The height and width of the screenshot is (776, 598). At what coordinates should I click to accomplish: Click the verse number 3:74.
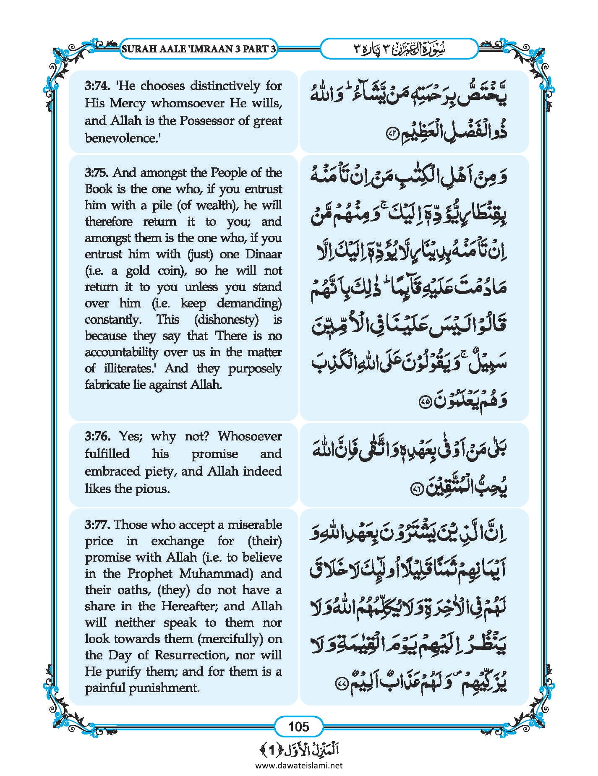[x=96, y=86]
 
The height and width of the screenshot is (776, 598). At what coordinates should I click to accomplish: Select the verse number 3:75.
[x=96, y=172]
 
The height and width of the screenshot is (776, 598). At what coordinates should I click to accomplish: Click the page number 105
[x=299, y=726]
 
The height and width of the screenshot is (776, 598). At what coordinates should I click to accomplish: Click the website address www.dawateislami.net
[x=299, y=766]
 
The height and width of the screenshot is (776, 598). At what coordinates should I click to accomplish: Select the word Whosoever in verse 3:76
[x=250, y=436]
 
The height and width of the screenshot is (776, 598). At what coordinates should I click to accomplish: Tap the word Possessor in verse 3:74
[x=207, y=121]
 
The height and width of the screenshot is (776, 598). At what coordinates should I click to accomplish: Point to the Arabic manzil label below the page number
[x=299, y=750]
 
